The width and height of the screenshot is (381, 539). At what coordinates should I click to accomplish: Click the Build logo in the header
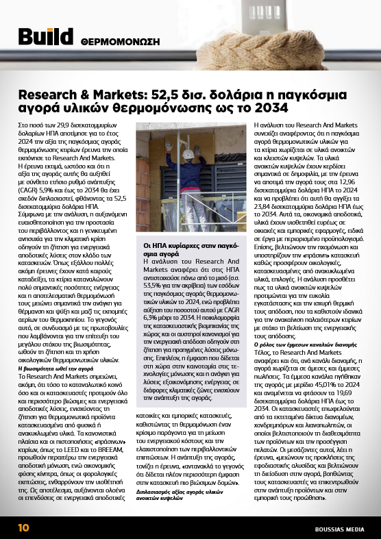click(x=45, y=38)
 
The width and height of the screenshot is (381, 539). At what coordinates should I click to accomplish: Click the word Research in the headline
click(x=48, y=92)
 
